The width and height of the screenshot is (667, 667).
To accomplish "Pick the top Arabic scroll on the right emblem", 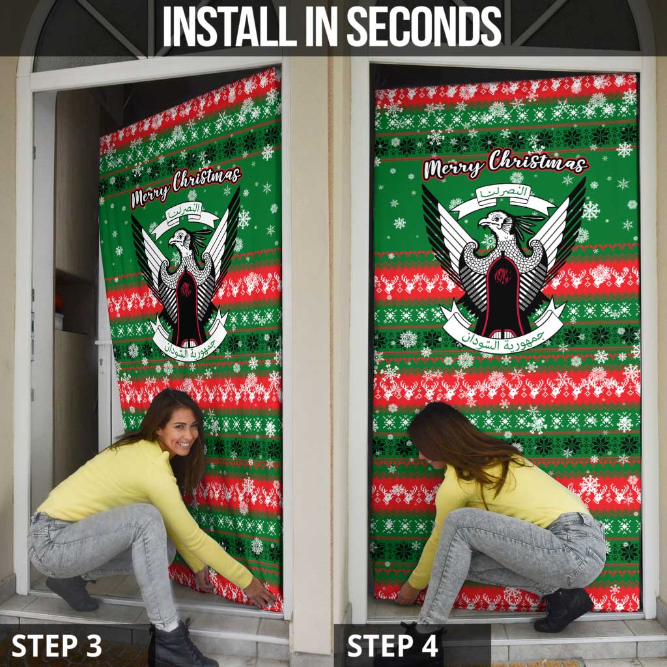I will [x=503, y=195].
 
